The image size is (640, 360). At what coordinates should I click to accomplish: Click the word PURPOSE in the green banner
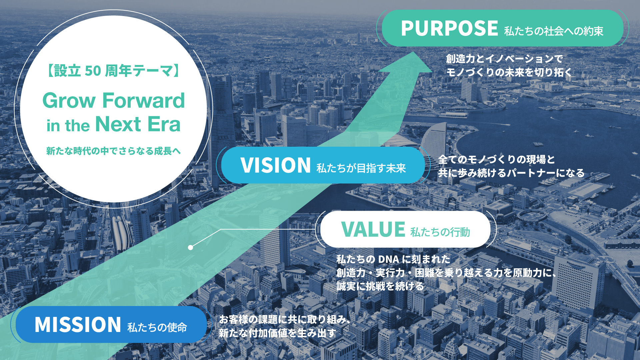[x=449, y=28]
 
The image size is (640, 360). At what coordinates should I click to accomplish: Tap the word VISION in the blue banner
[x=276, y=165]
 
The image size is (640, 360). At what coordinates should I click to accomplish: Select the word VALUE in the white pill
[x=373, y=230]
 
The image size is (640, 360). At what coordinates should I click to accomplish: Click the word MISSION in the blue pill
[x=78, y=325]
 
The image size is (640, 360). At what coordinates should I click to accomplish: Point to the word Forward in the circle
[x=143, y=100]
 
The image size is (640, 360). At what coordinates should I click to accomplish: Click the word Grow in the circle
[x=69, y=100]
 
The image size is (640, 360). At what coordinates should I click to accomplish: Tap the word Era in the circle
[x=164, y=124]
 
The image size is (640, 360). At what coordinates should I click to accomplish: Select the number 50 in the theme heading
[x=93, y=71]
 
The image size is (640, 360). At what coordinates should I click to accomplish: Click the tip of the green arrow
[x=414, y=53]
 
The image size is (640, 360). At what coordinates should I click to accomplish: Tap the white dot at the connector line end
[x=190, y=247]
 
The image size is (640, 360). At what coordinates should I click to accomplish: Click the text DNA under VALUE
[x=388, y=259]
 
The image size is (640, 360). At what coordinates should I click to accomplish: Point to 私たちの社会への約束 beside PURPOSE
[x=554, y=31]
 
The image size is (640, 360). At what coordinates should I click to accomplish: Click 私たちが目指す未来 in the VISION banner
[x=361, y=168]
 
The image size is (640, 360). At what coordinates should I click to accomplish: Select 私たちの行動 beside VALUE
[x=440, y=232]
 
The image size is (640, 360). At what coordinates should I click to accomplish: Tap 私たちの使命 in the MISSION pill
[x=157, y=327]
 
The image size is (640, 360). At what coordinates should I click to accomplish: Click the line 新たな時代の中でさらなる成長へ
[x=113, y=151]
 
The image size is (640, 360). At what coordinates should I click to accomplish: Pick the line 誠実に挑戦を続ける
[x=380, y=286]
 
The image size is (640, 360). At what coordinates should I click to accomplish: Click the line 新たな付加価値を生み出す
[x=277, y=333]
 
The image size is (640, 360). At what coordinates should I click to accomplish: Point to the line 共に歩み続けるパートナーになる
[x=511, y=173]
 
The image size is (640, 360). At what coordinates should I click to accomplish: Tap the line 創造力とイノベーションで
[x=504, y=59]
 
